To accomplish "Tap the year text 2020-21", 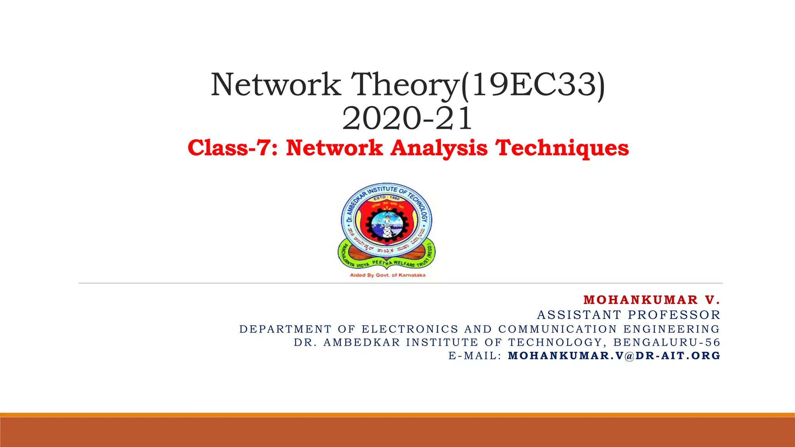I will (407, 118).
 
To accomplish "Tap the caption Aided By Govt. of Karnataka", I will (387, 275).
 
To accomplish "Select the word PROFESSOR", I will (674, 315).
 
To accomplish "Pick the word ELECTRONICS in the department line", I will (410, 329).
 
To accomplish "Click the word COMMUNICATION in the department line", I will (557, 329).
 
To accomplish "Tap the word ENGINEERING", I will (672, 329).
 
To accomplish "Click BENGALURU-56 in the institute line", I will (667, 342).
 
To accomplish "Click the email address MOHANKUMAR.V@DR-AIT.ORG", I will (614, 355).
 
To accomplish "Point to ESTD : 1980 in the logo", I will (386, 198).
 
